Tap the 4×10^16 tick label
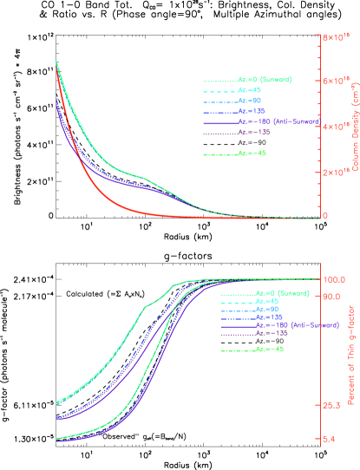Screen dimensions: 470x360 (336, 127)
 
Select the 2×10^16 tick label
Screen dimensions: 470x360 (336, 172)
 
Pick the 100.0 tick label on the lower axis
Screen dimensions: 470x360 (335, 279)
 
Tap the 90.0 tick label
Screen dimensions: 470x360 (333, 296)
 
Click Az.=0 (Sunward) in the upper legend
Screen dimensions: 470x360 (265, 80)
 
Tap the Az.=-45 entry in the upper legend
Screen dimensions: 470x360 (252, 153)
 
